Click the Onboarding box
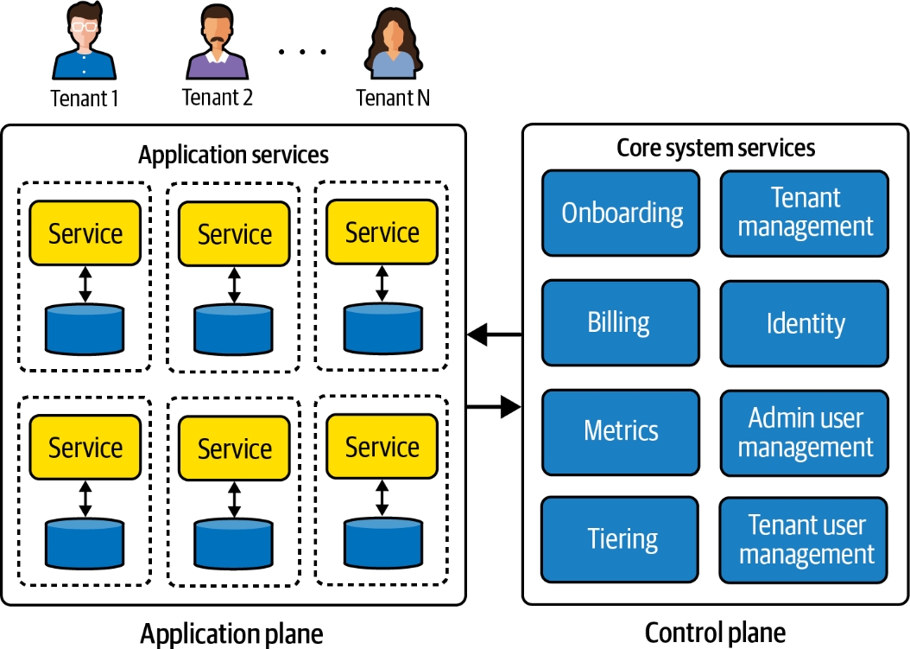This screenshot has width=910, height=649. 621,213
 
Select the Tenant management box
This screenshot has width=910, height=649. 805,213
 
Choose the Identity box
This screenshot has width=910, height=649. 805,323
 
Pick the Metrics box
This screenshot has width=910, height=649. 621,431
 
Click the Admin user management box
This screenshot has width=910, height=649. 805,432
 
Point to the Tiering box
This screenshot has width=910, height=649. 621,539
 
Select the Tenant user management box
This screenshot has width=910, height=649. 805,540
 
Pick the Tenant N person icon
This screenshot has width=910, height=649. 393,45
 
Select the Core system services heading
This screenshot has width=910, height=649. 716,148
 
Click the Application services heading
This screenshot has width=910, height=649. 233,156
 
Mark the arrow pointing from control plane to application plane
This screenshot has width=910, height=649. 495,334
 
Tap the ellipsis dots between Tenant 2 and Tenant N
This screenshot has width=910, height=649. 302,52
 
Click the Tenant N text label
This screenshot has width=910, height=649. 393,98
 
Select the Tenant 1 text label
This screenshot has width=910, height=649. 84,98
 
